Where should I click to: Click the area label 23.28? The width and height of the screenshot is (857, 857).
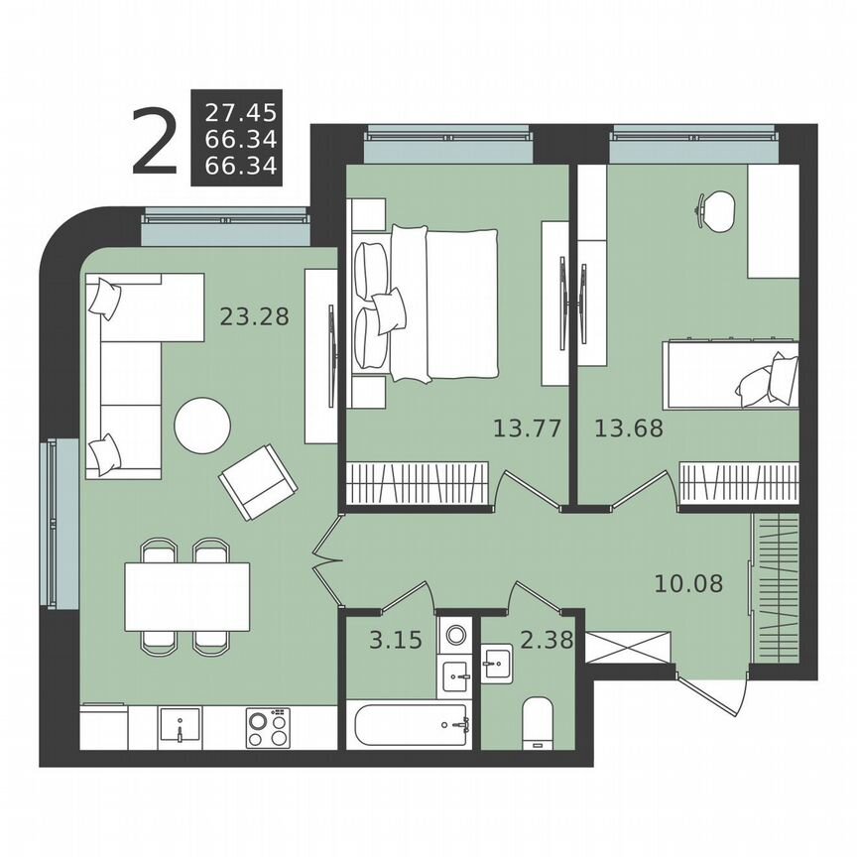253,317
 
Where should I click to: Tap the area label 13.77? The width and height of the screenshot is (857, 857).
527,428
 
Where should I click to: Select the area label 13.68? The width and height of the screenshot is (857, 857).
628,428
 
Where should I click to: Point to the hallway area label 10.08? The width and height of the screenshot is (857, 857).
688,582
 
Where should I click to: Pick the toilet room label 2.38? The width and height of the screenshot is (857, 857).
546,641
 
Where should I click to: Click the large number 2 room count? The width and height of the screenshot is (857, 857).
155,145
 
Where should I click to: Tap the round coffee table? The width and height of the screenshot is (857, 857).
202,426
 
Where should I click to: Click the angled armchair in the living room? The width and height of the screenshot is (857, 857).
258,482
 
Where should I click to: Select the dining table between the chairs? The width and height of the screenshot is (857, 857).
187,596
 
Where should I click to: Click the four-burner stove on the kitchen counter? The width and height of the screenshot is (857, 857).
267,727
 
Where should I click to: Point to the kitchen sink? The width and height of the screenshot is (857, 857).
180,727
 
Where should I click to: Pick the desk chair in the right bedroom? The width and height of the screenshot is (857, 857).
716,207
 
